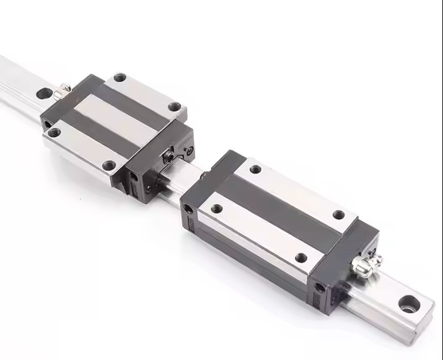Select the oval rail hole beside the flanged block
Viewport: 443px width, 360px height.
(x=44, y=94)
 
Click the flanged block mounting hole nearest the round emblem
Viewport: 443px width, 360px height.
(x=175, y=107)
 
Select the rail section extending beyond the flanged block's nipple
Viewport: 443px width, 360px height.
(x=22, y=77)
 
